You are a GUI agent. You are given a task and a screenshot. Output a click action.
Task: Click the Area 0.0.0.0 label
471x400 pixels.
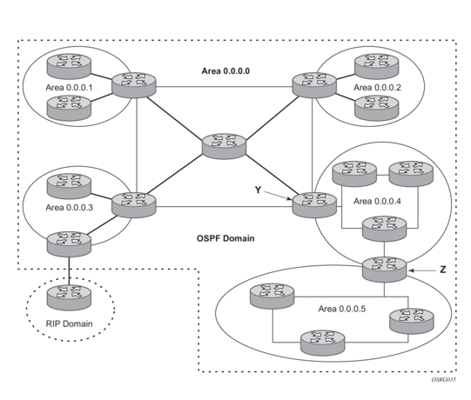(x=225, y=71)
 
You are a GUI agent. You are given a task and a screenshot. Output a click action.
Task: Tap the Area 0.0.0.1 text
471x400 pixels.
(x=69, y=88)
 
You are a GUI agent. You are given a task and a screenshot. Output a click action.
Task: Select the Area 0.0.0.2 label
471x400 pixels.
(x=377, y=88)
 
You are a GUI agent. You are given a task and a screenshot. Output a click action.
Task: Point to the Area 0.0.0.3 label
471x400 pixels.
(x=69, y=208)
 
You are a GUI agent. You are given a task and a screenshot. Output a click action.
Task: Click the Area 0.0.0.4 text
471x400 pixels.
(x=377, y=201)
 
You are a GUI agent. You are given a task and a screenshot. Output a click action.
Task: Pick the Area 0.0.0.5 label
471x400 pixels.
(x=342, y=309)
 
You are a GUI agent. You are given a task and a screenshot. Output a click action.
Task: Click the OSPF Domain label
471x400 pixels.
(x=225, y=238)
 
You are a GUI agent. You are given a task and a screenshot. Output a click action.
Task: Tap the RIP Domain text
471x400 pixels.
(x=69, y=323)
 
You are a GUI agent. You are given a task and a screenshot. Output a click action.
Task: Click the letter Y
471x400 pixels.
(x=258, y=190)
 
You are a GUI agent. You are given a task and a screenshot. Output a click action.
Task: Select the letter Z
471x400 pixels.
(x=443, y=270)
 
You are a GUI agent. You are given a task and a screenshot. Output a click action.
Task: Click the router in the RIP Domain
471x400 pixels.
(x=69, y=297)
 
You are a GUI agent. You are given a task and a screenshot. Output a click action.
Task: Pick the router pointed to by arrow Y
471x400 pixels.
(x=314, y=205)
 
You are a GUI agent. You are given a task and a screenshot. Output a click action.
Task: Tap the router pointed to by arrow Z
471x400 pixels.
(x=384, y=270)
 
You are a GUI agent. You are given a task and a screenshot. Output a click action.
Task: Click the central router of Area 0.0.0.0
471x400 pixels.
(x=224, y=146)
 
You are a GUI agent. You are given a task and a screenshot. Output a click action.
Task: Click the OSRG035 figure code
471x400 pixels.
(x=443, y=380)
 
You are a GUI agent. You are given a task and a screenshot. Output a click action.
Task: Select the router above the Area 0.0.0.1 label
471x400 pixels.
(x=69, y=67)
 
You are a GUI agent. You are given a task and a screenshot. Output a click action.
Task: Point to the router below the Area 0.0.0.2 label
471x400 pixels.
(x=377, y=108)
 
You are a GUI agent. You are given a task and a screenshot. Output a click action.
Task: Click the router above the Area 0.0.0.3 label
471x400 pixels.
(x=69, y=186)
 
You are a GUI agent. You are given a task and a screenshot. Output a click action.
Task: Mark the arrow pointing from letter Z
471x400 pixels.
(x=422, y=270)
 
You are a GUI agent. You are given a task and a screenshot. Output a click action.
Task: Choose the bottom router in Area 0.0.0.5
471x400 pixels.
(x=323, y=343)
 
